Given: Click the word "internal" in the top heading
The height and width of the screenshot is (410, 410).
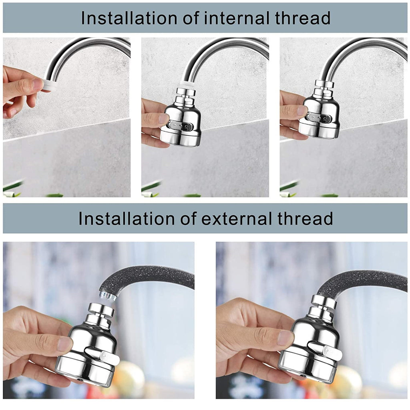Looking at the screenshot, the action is tap(237, 18).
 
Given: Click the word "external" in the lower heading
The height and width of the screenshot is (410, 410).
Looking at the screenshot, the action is tap(237, 218).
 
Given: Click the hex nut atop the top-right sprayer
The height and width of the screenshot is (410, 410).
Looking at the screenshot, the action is tap(324, 84).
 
